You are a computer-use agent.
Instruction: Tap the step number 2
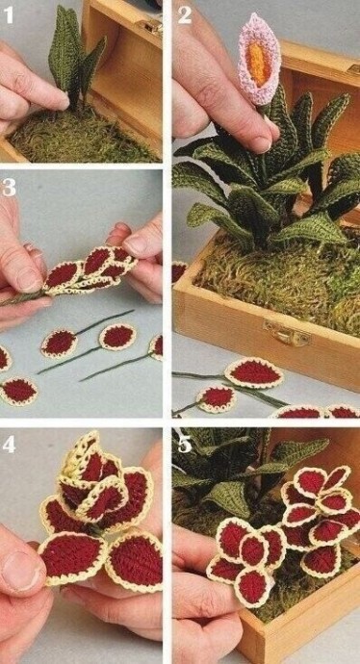pyautogui.click(x=185, y=15)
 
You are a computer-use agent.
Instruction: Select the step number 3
pyautogui.click(x=9, y=188)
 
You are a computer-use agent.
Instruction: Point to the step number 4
pyautogui.click(x=9, y=445)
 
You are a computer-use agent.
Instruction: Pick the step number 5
pyautogui.click(x=185, y=445)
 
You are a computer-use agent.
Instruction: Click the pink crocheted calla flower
pyautogui.click(x=259, y=59)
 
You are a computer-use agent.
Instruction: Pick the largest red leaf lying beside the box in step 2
pyautogui.click(x=254, y=372)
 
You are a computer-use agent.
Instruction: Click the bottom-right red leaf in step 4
pyautogui.click(x=135, y=560)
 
